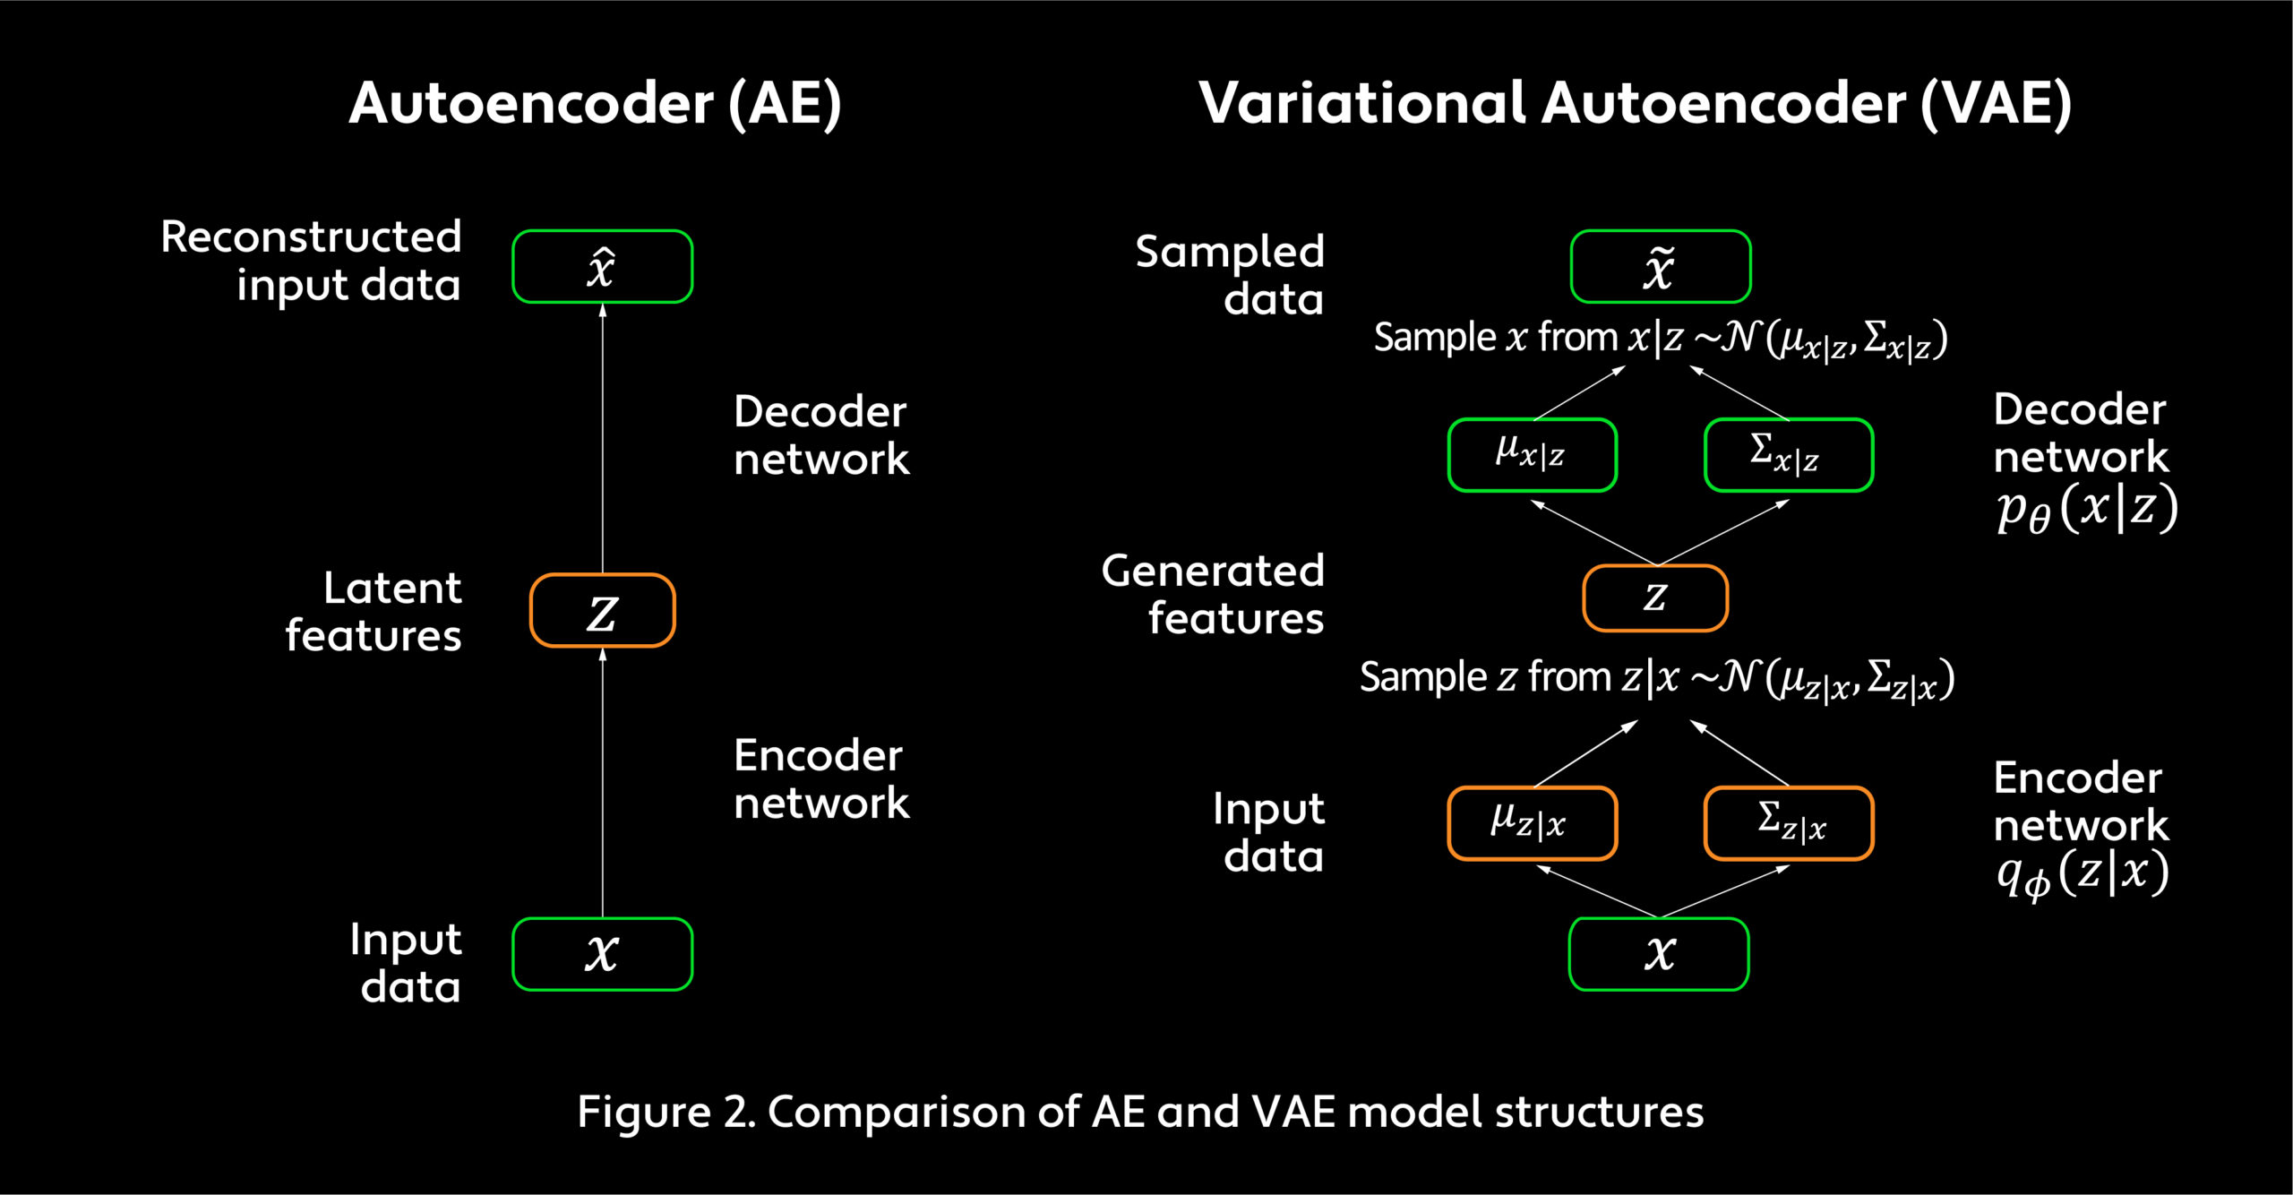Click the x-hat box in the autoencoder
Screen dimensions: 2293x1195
pos(602,267)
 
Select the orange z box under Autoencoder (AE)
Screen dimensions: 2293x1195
pos(602,610)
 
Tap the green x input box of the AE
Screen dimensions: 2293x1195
pos(602,954)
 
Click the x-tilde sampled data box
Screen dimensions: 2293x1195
pos(1661,267)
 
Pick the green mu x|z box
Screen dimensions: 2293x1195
pos(1533,455)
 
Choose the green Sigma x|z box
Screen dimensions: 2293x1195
pos(1789,455)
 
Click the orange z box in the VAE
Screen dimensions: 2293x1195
pos(1655,597)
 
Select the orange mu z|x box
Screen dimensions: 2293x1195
pos(1533,823)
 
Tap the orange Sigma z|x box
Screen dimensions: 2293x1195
pos(1789,823)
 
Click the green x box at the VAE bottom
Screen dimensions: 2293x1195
pos(1659,954)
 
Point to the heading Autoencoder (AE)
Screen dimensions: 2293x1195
pos(595,104)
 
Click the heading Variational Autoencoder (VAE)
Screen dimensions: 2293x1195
pos(1635,104)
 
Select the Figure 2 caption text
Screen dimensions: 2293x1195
pos(1140,1112)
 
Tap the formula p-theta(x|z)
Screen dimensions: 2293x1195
pos(2087,508)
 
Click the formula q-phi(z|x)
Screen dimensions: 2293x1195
pos(2083,874)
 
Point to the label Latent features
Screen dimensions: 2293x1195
pos(374,612)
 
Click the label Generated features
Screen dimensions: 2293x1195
pos(1213,594)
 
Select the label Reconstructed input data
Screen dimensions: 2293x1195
pos(311,261)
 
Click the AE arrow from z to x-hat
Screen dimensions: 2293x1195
pos(603,438)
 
